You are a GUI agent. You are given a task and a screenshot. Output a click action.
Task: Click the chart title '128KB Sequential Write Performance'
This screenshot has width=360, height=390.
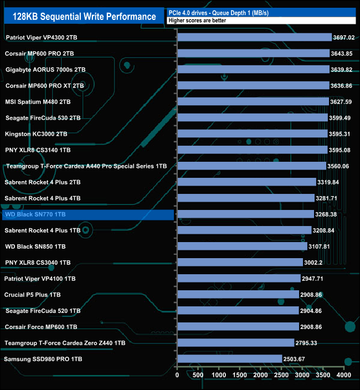click(85, 17)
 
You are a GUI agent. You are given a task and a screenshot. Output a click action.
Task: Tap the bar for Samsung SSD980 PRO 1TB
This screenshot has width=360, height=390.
click(229, 359)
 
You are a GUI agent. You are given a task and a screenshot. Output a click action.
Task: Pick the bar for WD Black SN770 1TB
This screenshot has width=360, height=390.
click(245, 214)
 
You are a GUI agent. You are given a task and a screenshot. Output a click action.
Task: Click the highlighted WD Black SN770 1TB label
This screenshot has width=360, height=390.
click(88, 214)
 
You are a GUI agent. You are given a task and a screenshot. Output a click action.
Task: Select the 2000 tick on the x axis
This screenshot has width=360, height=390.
click(260, 375)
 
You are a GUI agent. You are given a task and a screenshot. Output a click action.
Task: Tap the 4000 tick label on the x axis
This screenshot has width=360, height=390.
click(343, 375)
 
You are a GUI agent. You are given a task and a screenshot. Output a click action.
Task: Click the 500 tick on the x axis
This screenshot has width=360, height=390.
click(198, 375)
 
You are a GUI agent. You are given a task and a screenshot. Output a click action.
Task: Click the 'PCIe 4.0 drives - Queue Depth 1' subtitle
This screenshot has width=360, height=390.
click(232, 13)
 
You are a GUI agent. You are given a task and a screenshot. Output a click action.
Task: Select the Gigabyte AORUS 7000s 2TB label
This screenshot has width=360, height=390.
click(45, 69)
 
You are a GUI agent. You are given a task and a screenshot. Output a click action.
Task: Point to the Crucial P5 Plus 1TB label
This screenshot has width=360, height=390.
click(32, 295)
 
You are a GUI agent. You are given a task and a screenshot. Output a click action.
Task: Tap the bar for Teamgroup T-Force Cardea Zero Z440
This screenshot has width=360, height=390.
click(235, 343)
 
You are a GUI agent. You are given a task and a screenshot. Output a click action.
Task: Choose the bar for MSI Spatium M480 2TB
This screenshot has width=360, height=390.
click(253, 101)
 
